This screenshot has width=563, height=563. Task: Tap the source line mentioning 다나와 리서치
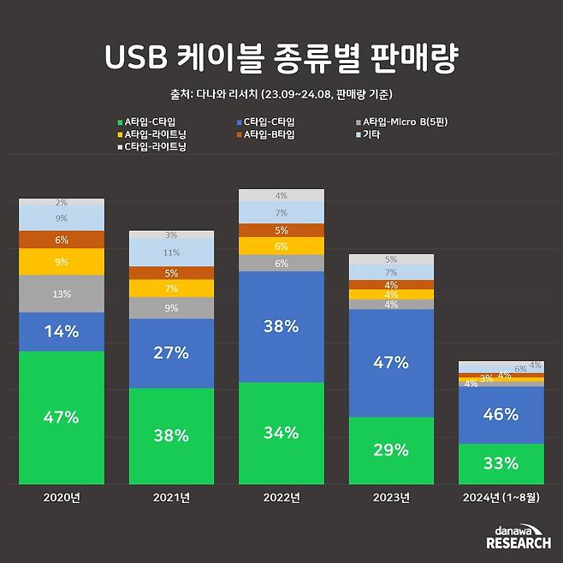point(281,94)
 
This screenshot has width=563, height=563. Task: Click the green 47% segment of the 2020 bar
point(62,418)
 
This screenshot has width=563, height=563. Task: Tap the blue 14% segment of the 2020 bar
point(62,331)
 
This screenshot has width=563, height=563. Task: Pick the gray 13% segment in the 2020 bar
point(62,293)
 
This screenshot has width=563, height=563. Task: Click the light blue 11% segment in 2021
point(171,252)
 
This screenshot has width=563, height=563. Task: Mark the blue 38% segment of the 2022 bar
point(281,326)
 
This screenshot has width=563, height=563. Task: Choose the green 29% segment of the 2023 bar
point(391,450)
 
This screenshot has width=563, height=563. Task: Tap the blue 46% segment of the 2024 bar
point(501,415)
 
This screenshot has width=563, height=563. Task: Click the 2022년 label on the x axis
point(281,497)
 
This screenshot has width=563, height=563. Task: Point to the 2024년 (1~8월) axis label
point(501,497)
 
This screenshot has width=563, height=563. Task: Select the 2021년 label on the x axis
point(171,497)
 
